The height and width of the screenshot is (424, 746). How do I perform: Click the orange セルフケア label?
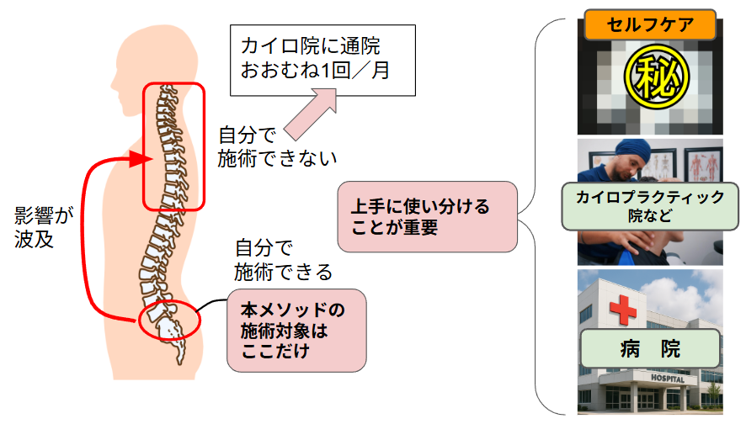(x=650, y=24)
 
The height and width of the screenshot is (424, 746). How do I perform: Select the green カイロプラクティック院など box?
(x=650, y=207)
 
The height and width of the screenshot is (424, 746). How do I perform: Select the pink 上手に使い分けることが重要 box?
(x=427, y=216)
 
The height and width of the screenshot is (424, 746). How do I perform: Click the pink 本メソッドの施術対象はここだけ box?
(x=296, y=331)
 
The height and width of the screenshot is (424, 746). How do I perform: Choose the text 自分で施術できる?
(x=283, y=260)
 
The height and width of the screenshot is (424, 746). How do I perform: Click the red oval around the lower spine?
(x=169, y=321)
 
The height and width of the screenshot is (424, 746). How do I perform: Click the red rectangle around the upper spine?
(x=173, y=146)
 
